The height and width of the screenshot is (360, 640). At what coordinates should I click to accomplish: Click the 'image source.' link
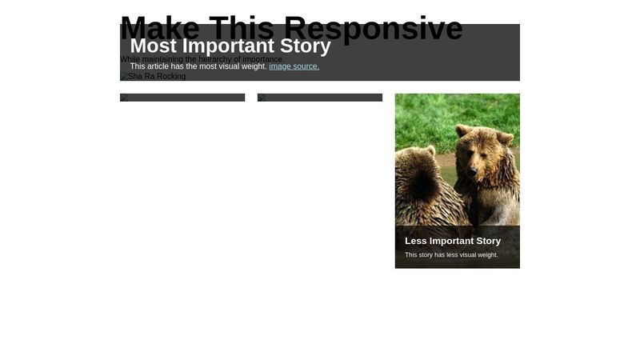[x=294, y=66]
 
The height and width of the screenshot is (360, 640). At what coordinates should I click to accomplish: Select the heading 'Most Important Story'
[x=230, y=46]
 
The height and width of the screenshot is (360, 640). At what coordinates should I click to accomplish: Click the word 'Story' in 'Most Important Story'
[x=306, y=46]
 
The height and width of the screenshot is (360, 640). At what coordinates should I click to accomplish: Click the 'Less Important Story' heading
[x=453, y=241]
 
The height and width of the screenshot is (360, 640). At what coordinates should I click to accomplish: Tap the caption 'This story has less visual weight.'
[x=451, y=255]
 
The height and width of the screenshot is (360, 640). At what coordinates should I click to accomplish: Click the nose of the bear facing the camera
[x=471, y=170]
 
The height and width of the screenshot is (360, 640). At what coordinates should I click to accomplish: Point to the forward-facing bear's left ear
[x=505, y=138]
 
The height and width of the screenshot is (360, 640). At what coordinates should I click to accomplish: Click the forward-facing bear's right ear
[x=462, y=130]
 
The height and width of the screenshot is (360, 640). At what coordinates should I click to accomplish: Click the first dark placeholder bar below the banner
[x=182, y=98]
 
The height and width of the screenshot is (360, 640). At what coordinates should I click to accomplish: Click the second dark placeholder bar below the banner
[x=320, y=98]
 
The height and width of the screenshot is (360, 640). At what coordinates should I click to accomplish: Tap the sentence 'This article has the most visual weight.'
[x=198, y=66]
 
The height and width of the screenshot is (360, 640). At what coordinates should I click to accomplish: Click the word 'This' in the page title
[x=238, y=29]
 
